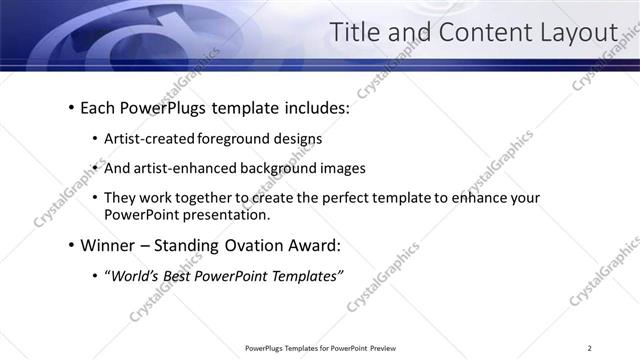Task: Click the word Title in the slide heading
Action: point(356,33)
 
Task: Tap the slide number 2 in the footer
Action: point(591,348)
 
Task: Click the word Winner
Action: point(109,246)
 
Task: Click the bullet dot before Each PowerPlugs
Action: point(71,107)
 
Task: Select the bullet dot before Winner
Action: point(71,246)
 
